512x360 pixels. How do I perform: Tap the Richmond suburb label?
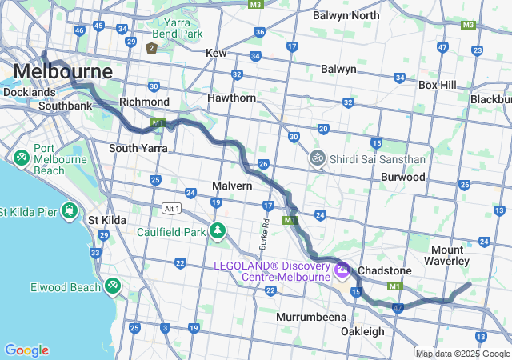click(x=144, y=102)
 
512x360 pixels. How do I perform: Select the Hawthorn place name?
click(x=231, y=98)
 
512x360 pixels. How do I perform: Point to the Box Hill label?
click(x=437, y=84)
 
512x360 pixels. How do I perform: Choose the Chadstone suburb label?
click(x=384, y=270)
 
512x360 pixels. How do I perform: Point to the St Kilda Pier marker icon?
click(x=70, y=211)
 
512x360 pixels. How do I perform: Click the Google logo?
click(x=26, y=350)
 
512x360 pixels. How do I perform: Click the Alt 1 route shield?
click(x=171, y=208)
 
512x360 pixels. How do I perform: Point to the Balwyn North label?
click(x=346, y=15)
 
